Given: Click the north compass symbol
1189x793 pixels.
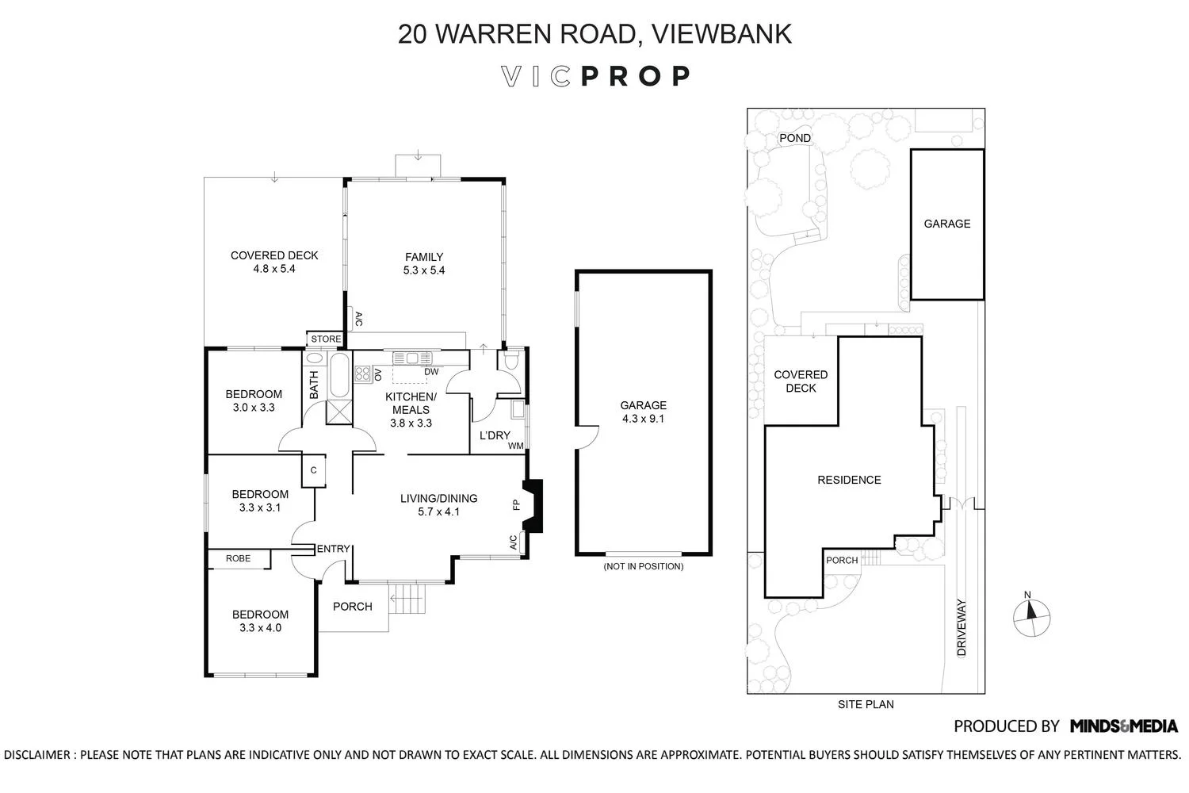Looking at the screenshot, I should click(1032, 614).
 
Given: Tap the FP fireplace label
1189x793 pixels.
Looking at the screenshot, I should click(517, 504).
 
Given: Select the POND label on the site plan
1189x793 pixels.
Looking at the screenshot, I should click(794, 138).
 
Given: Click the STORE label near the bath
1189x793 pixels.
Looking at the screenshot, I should click(326, 339).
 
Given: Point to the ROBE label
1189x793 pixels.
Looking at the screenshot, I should click(238, 558).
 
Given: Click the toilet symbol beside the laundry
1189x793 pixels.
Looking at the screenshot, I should click(512, 362).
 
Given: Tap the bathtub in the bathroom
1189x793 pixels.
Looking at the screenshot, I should click(338, 376).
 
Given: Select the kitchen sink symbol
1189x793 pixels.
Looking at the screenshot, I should click(411, 358).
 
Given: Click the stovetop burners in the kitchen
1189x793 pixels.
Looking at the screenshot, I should click(363, 374).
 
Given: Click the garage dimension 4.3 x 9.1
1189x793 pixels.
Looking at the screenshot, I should click(643, 418).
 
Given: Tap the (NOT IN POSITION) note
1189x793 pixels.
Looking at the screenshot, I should click(643, 566).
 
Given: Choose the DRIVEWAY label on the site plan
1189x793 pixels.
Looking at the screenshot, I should click(962, 626).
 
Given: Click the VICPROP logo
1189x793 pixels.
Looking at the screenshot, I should click(596, 76).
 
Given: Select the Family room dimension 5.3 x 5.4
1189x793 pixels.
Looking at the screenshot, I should click(424, 270).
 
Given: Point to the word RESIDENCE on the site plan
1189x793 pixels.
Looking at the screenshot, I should click(849, 480).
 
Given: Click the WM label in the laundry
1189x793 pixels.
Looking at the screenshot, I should click(515, 446).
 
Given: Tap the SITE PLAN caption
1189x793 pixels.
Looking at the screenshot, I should click(866, 704).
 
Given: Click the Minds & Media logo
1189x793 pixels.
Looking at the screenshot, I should click(1123, 726).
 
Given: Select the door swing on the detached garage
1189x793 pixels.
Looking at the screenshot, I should click(587, 437).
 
